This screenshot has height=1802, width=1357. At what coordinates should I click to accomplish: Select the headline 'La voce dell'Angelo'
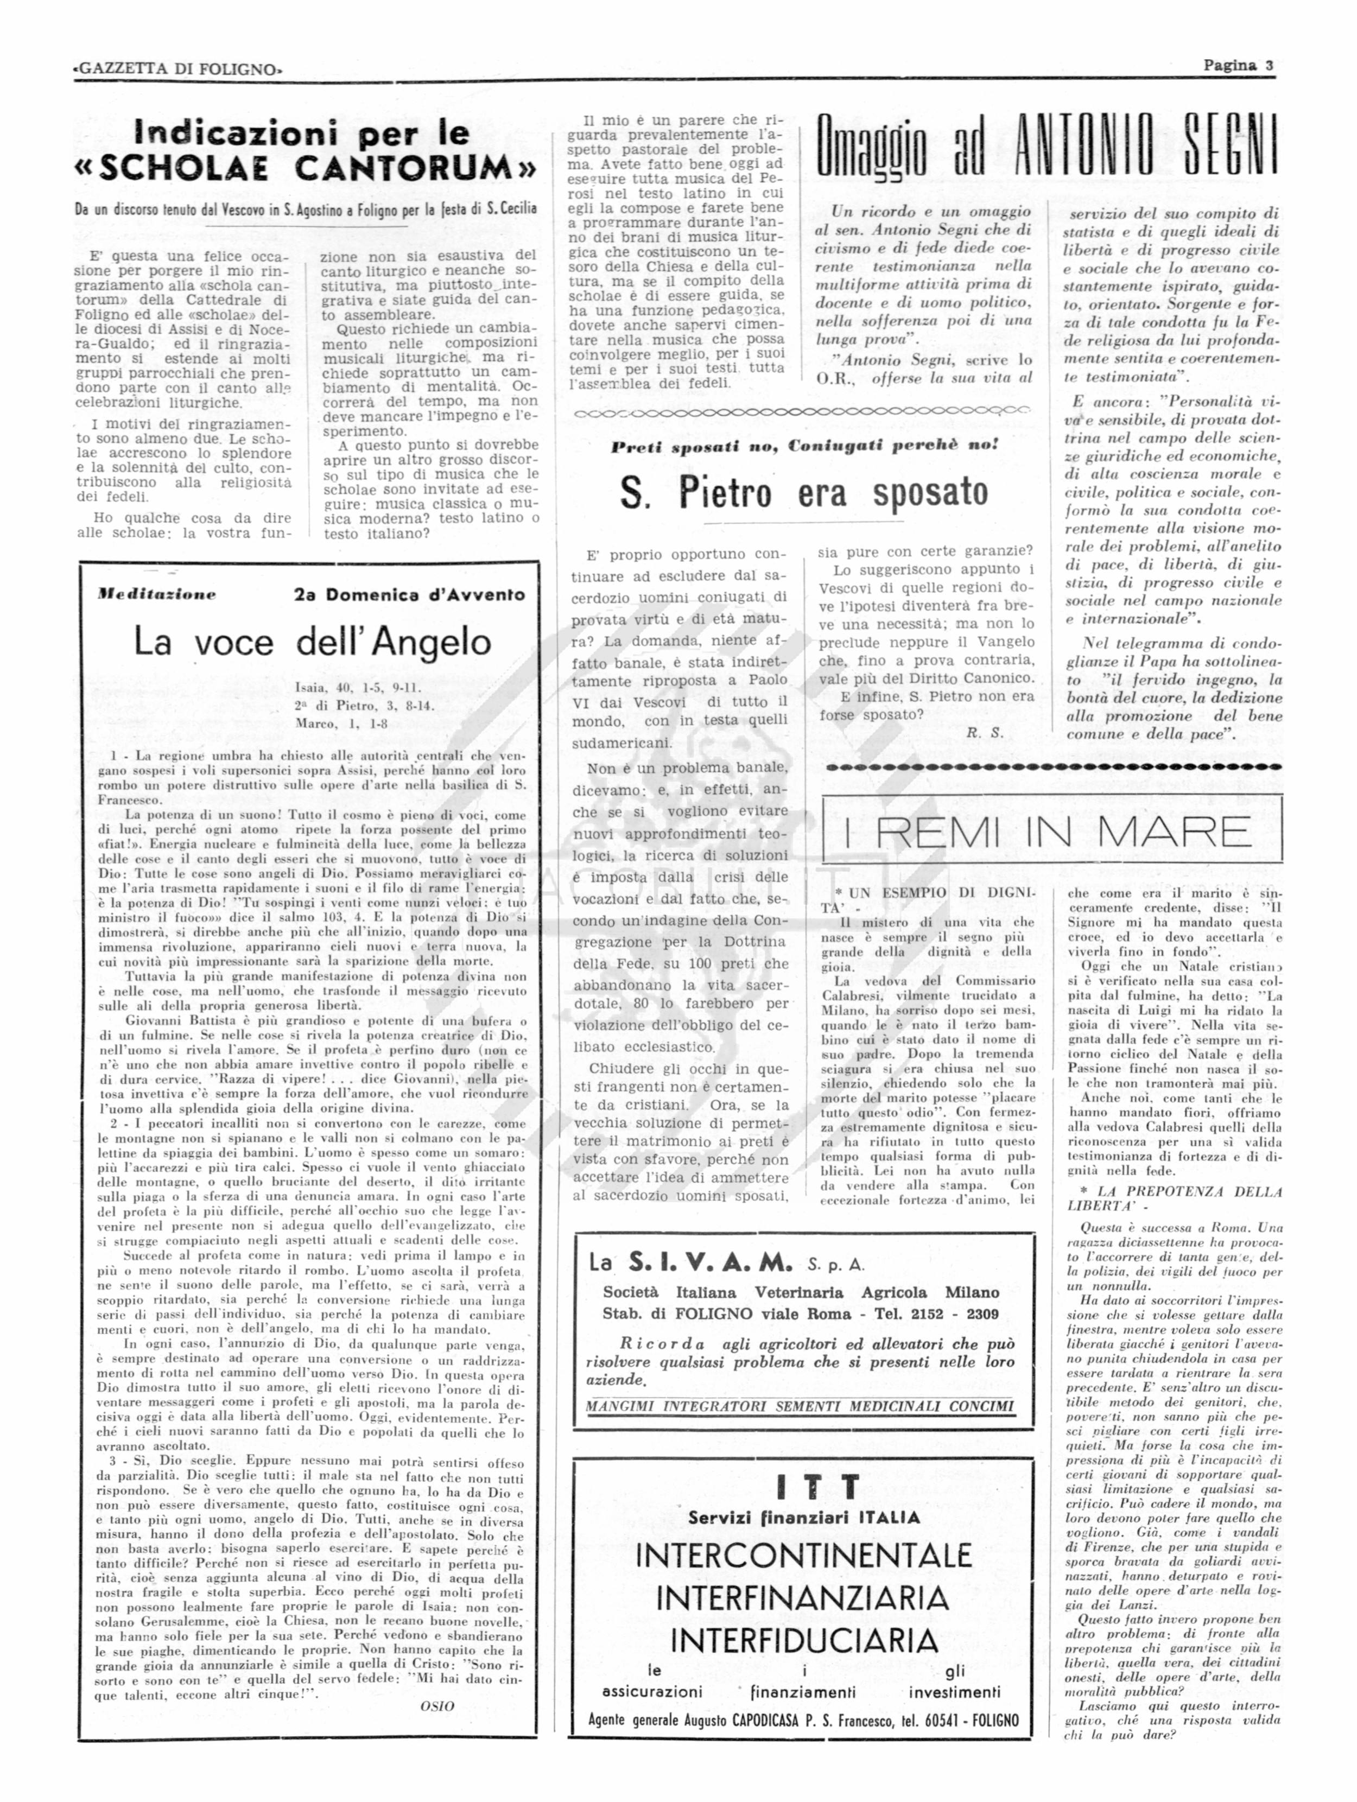pyautogui.click(x=312, y=642)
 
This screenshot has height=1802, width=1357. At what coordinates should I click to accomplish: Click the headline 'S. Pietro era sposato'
pyautogui.click(x=803, y=492)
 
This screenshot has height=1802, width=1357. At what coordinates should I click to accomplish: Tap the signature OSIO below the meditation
pyautogui.click(x=436, y=1706)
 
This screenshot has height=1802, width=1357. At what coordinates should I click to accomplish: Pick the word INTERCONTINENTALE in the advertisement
pyautogui.click(x=803, y=1555)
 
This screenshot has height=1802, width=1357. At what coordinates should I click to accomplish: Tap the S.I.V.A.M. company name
pyautogui.click(x=709, y=1264)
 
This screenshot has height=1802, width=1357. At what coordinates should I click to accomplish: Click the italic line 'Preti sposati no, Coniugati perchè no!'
pyautogui.click(x=804, y=446)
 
